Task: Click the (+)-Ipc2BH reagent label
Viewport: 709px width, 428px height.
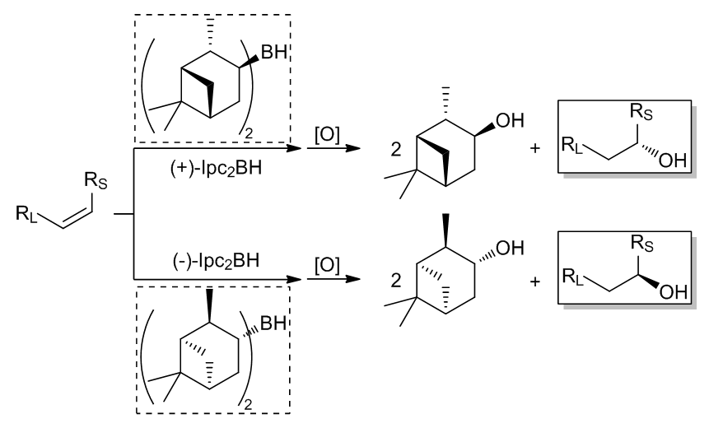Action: coord(216,170)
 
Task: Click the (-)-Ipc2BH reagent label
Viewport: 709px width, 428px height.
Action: coord(216,261)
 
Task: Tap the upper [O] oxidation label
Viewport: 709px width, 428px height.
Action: coord(327,135)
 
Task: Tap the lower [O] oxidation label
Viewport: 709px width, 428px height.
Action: coord(327,266)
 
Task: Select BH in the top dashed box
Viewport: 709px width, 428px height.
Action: coord(274,53)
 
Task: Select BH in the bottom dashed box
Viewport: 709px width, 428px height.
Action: coord(273,323)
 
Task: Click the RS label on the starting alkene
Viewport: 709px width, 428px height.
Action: coord(96,181)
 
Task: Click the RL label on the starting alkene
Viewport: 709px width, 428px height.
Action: coord(26,213)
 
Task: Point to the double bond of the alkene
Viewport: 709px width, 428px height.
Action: coord(77,220)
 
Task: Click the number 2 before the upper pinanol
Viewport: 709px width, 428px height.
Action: coord(395,150)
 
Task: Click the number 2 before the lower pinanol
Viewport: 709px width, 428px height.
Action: coord(395,281)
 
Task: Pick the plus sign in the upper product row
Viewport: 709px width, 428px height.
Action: coord(535,148)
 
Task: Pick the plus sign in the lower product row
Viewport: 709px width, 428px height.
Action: coord(535,282)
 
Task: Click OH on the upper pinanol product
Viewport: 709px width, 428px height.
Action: coord(510,121)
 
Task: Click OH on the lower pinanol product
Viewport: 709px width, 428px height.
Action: coord(510,248)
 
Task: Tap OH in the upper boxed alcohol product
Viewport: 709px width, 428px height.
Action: coord(674,160)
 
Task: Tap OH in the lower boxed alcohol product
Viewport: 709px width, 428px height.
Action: coord(674,292)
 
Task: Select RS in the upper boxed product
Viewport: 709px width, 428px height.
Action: coord(641,112)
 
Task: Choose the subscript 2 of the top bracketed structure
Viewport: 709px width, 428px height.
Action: coord(248,133)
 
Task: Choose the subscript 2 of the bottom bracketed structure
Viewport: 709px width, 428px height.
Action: coord(248,405)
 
